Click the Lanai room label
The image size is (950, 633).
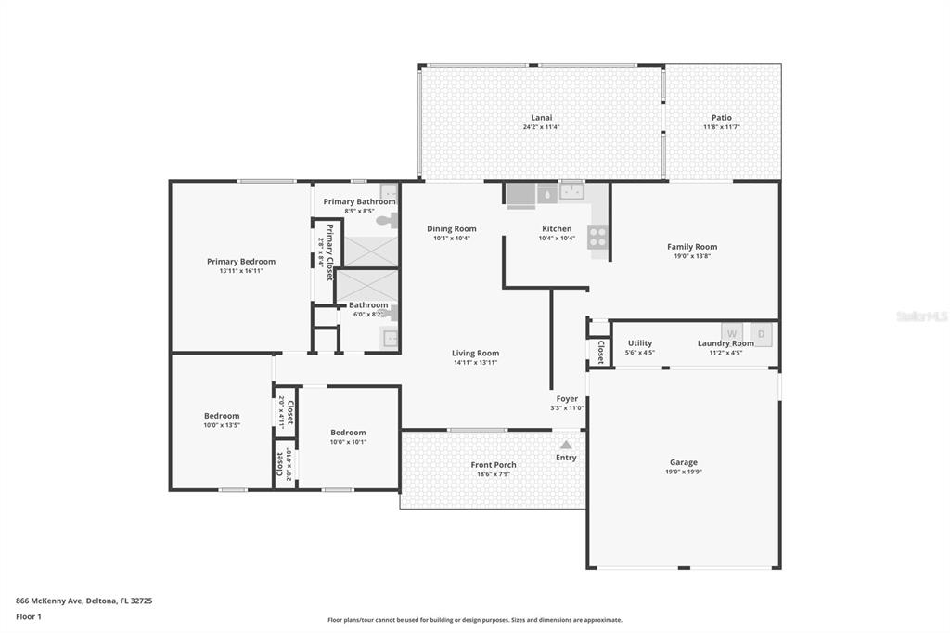tap(541, 118)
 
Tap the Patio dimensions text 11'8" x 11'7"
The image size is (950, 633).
tap(721, 127)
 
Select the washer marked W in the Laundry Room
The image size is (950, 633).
tap(732, 333)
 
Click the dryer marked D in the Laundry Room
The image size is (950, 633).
tap(762, 334)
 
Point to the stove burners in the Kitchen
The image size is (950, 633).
tap(597, 237)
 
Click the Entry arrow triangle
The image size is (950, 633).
tap(565, 445)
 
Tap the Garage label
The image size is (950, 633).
tap(684, 462)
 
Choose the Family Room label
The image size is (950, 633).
tap(692, 247)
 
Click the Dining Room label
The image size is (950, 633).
tap(452, 228)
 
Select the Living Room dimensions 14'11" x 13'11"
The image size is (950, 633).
tap(475, 363)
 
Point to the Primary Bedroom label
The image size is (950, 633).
tap(241, 262)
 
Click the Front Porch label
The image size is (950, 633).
tap(494, 465)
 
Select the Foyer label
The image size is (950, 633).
tap(567, 399)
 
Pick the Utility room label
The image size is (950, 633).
tap(640, 343)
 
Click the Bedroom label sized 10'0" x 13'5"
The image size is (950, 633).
tap(222, 416)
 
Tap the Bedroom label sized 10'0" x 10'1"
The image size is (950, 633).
tap(349, 433)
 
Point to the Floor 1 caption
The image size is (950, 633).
tap(29, 616)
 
